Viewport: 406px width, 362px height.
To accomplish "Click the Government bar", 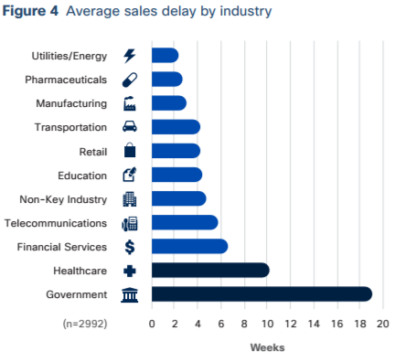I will [262, 293].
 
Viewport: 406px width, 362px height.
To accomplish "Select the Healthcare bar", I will [210, 270].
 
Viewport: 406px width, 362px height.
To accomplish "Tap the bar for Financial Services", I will [189, 246].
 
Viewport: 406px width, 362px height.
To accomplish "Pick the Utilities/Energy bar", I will [165, 56].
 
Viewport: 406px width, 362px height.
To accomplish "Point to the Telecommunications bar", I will [185, 222].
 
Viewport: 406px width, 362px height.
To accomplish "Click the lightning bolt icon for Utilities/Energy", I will [129, 56].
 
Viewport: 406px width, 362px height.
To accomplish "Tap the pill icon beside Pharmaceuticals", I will [129, 80].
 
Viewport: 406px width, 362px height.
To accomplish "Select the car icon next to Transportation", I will [129, 127].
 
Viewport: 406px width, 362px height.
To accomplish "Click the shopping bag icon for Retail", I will [129, 151].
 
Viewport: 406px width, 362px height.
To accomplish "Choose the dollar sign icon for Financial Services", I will [129, 246].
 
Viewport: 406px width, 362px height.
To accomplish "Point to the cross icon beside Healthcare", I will [129, 270].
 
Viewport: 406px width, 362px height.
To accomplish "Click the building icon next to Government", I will [129, 293].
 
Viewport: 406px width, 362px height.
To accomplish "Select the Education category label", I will [82, 175].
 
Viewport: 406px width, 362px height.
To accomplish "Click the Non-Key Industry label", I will [63, 198].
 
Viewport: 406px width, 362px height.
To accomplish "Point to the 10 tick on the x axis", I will [267, 323].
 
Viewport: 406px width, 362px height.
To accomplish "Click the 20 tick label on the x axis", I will [382, 323].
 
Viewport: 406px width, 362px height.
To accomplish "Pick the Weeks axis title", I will [267, 347].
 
